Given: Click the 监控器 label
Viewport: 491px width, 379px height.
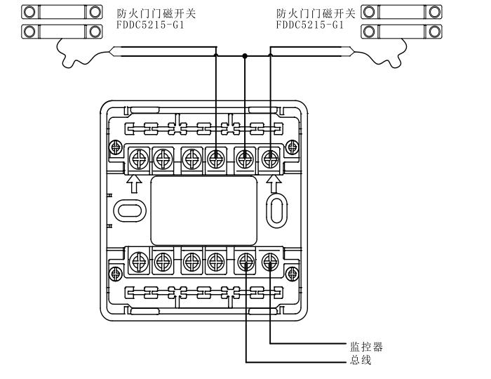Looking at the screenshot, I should click(x=368, y=347).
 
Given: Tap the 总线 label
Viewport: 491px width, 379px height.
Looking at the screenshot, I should click(x=360, y=361).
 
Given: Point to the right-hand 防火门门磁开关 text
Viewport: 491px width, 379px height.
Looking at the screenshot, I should click(x=314, y=13).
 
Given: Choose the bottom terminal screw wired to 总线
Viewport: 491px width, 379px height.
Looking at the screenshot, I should click(x=245, y=263).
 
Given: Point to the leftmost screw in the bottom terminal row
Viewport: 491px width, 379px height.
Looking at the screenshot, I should click(x=137, y=263).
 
